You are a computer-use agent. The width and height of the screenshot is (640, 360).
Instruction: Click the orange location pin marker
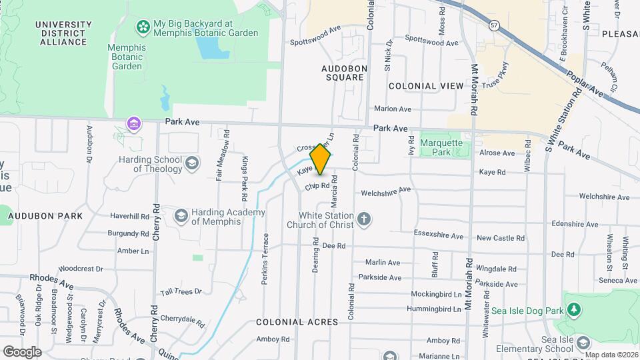(x=321, y=159)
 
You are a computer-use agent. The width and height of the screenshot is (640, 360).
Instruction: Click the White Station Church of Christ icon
(x=364, y=219)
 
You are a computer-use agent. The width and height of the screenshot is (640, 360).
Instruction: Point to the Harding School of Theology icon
(x=192, y=163)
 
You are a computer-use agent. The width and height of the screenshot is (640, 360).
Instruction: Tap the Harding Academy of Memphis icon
(x=181, y=215)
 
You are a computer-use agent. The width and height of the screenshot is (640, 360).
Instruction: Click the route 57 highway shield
(x=493, y=25)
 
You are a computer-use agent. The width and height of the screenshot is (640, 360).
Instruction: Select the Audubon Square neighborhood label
(x=343, y=73)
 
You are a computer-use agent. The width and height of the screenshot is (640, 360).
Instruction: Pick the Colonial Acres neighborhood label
(x=297, y=322)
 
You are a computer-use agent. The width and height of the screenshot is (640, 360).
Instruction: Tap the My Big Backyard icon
(x=143, y=27)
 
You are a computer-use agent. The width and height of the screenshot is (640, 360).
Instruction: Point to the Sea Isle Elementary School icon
(x=583, y=343)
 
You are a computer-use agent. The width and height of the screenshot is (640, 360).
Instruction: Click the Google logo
(x=22, y=351)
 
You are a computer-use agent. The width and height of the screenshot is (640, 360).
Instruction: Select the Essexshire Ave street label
(x=438, y=236)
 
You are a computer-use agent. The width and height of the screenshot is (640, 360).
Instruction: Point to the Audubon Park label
(x=45, y=216)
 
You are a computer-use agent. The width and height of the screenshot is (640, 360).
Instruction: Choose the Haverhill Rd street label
(x=129, y=217)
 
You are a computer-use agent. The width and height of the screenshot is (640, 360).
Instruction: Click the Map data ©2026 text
(x=611, y=355)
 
